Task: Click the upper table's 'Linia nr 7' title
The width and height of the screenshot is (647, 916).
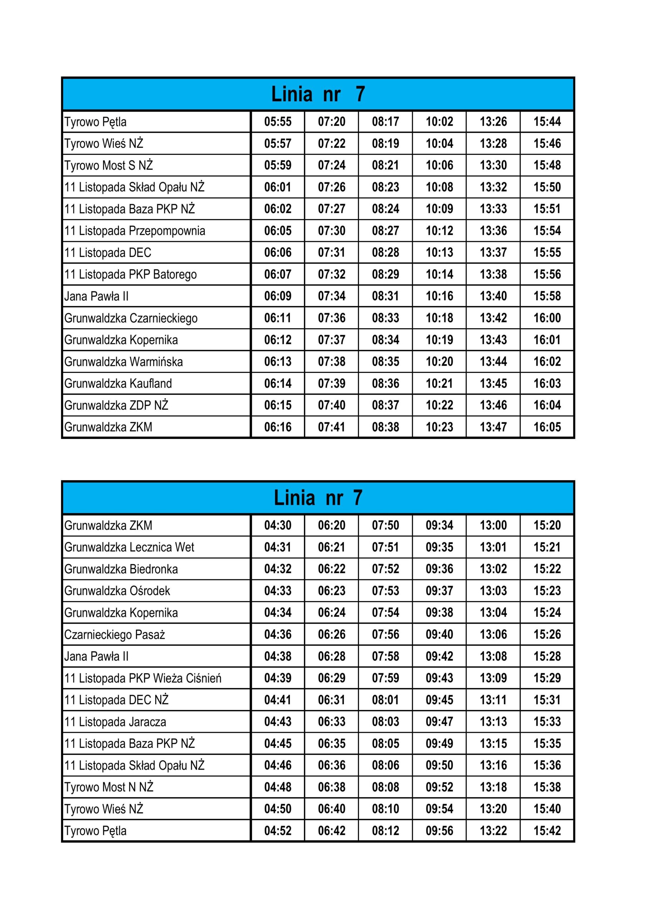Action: point(318,94)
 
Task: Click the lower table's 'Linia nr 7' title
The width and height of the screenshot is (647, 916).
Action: point(318,498)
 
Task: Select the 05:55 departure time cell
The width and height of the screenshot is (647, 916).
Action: point(277,122)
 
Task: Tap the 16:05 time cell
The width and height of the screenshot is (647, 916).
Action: point(547,427)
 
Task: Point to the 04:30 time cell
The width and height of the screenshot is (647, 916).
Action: point(277,525)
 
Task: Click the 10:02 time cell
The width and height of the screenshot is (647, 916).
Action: point(439,122)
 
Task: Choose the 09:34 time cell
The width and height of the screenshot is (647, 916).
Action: point(439,525)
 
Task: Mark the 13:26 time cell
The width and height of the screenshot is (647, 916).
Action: point(493,122)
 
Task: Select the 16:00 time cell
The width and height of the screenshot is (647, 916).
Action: point(547,318)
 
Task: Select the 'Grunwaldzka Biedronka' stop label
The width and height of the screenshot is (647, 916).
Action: point(121,569)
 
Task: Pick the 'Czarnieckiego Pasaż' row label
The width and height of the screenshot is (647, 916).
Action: point(114,635)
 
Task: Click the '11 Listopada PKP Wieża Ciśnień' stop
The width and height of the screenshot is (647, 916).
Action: point(143,678)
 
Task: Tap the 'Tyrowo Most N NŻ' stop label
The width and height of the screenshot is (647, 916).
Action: point(108,787)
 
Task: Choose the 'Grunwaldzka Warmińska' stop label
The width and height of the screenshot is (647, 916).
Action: point(124,362)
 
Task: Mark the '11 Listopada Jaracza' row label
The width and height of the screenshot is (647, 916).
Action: point(115,722)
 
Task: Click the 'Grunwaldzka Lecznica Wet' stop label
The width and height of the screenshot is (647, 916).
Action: point(129,547)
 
